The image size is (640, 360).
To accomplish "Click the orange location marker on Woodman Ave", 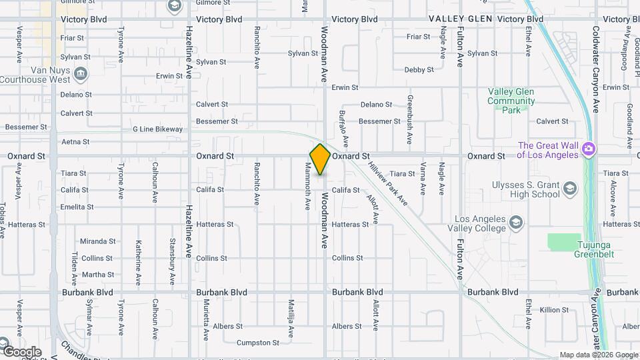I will pos(320,159).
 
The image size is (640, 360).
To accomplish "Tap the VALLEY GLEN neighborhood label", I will pos(461,19).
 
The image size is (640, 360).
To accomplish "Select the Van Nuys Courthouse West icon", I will pos(81,73).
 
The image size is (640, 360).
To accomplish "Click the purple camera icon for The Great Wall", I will pos(588,148).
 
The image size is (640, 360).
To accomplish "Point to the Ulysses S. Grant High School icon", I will pos(569,189).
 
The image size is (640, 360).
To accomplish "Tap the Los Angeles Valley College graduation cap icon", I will pos(515,221).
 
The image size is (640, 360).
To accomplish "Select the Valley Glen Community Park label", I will pos(511,101).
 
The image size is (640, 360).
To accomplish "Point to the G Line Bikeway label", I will pos(157,129).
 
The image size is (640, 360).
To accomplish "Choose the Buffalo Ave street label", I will pos(344,129).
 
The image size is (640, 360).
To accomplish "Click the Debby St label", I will pos(419,69).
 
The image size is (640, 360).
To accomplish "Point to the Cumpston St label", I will pos(258,343).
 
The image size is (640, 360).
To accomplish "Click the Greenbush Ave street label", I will pos(410,111).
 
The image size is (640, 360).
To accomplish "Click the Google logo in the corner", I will pos(21,351).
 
